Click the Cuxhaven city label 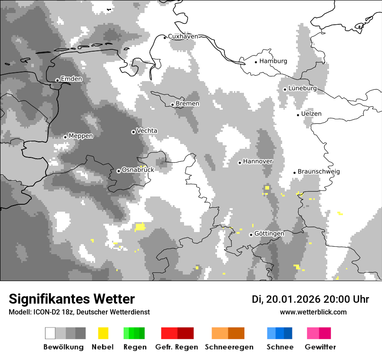pyautogui.click(x=183, y=36)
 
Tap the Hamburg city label pyautogui.click(x=273, y=61)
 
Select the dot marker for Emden pyautogui.click(x=57, y=80)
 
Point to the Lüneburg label pyautogui.click(x=303, y=88)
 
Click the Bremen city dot pyautogui.click(x=172, y=105)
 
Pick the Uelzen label pyautogui.click(x=311, y=114)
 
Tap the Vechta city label pyautogui.click(x=147, y=131)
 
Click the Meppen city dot pyautogui.click(x=65, y=137)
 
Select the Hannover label pyautogui.click(x=257, y=161)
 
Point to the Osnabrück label pyautogui.click(x=138, y=170)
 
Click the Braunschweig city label pyautogui.click(x=319, y=172)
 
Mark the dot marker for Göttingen pyautogui.click(x=251, y=235)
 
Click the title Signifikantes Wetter pyautogui.click(x=72, y=299)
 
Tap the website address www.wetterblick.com pyautogui.click(x=313, y=312)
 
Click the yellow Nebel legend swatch pyautogui.click(x=103, y=333)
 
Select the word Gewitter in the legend pyautogui.click(x=320, y=347)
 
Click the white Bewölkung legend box pyautogui.click(x=50, y=333)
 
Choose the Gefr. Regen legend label pyautogui.click(x=177, y=347)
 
